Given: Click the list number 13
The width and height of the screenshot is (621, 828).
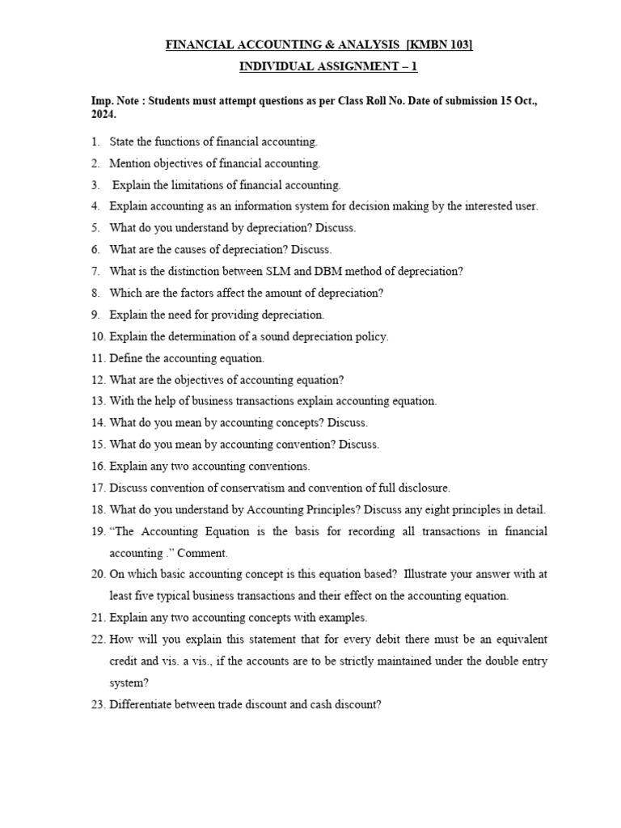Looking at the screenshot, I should [97, 401].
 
